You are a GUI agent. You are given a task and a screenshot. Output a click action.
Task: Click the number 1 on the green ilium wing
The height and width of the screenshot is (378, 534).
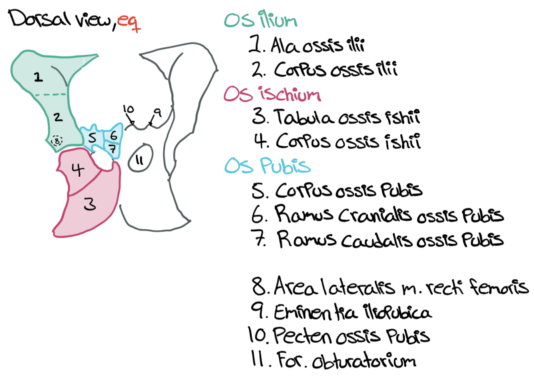pos(38,76)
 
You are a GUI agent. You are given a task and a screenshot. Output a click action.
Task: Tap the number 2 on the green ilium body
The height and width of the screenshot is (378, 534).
pos(58,117)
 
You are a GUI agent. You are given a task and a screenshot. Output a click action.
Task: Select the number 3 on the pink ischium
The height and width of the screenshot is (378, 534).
pos(90,204)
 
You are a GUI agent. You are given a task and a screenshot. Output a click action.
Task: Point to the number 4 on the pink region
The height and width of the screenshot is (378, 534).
pos(78,170)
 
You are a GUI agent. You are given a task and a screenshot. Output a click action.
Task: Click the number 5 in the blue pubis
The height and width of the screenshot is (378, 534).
pos(92,138)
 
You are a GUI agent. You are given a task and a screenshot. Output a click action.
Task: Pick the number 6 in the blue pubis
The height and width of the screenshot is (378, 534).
pos(114,135)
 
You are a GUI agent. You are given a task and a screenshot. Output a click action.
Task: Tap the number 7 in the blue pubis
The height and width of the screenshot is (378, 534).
pos(113,149)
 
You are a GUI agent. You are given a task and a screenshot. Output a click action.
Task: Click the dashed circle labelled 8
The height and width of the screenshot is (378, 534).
pos(58,141)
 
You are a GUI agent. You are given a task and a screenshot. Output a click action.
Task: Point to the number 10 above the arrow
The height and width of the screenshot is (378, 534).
pos(128,109)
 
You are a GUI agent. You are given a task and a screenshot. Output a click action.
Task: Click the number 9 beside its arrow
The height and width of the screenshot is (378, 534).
pos(158,113)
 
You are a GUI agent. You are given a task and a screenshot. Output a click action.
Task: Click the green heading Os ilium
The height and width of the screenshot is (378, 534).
pos(261,20)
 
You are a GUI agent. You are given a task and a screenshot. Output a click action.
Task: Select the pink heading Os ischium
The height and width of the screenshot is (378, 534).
pos(272,94)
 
